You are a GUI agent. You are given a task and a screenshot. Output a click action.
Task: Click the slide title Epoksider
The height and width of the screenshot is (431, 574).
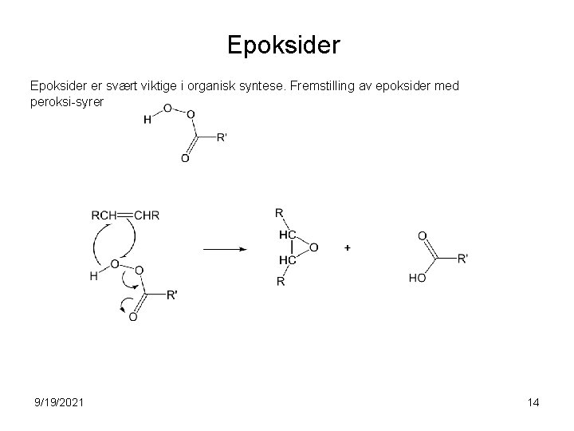point(284,44)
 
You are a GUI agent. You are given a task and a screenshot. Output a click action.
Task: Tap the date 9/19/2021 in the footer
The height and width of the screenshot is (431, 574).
point(58,402)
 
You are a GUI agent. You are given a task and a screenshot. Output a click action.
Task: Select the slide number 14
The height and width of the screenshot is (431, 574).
point(533,402)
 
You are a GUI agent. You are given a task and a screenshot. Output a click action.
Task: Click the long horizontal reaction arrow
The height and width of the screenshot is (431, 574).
point(225,249)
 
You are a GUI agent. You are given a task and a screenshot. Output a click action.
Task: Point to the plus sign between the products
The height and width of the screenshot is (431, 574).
point(348,248)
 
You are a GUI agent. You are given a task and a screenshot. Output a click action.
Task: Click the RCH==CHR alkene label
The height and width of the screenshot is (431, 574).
point(125,215)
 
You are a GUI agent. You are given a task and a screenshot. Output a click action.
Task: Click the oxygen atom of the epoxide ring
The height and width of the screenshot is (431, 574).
point(313,248)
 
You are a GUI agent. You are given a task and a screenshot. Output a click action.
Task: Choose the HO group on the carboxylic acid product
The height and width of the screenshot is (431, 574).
point(417,279)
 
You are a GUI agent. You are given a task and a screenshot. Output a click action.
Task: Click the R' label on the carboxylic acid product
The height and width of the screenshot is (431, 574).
point(464,258)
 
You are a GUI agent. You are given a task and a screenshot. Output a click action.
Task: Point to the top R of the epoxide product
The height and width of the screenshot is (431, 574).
point(279,213)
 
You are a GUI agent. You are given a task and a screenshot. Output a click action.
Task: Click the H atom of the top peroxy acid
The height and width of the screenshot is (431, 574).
point(147,121)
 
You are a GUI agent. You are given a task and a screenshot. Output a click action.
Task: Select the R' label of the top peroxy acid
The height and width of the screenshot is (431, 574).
point(222,136)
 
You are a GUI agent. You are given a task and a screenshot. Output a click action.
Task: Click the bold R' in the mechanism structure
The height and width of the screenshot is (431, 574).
point(172,295)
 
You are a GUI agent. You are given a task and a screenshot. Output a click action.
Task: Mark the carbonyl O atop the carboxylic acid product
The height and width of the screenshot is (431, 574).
point(422,235)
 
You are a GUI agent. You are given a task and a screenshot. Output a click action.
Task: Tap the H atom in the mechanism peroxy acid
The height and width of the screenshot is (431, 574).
point(95,277)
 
